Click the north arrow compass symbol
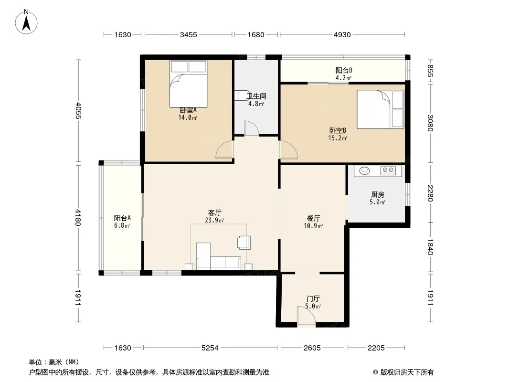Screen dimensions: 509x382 point(26,22)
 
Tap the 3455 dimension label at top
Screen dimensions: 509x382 point(189,35)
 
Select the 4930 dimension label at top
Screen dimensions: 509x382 point(342,35)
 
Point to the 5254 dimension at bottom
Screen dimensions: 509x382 point(210,348)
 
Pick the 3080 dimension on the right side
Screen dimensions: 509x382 point(430,123)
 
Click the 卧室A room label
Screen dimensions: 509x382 point(188,110)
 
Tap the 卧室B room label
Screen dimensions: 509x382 point(338,130)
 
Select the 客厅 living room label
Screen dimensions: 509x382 point(214,212)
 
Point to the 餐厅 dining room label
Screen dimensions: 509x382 point(313,218)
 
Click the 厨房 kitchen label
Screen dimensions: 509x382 point(378,194)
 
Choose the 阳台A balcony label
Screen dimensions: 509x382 point(122,218)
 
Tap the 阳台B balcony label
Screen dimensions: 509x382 point(343,70)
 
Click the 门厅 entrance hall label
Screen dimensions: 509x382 point(313,298)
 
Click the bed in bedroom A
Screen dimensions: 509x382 point(188,84)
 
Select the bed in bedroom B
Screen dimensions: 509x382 point(381,109)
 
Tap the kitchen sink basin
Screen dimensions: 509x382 point(364,170)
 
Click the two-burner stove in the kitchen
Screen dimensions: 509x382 point(388,170)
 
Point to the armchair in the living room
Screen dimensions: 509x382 point(244,242)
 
